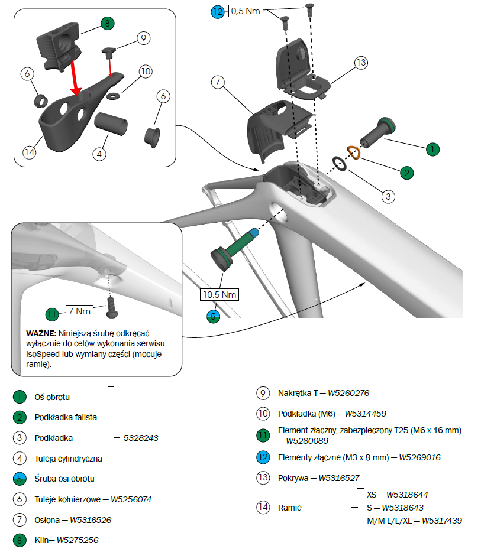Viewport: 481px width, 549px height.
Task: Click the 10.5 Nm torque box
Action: tap(220, 294)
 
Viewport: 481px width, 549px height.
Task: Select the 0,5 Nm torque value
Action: tap(245, 11)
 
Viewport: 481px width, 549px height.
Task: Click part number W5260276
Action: tap(349, 393)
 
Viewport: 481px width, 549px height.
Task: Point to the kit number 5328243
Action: tap(141, 438)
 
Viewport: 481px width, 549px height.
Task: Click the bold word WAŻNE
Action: tap(41, 333)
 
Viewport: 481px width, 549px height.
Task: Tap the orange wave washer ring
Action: tap(353, 152)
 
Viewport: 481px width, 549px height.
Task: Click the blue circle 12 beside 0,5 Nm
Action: tap(218, 11)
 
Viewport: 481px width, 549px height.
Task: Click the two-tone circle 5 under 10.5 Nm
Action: tap(214, 316)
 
